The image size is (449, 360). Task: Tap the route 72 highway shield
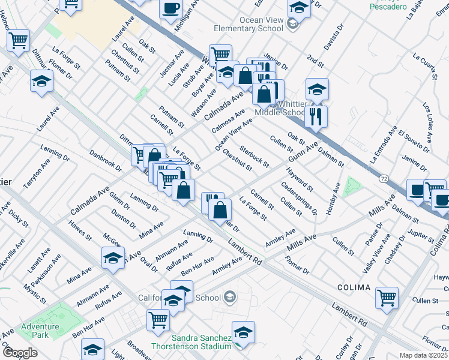[x=383, y=178]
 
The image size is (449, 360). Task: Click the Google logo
[x=20, y=353]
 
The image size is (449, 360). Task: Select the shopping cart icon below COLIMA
[x=387, y=296]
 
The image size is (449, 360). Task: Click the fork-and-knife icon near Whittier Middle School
[x=316, y=115]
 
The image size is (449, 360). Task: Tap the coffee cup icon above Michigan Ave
[x=170, y=8]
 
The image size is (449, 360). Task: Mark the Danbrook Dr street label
[x=104, y=161]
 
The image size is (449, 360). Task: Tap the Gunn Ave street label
[x=302, y=152]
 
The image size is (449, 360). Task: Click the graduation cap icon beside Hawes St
[x=112, y=259]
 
